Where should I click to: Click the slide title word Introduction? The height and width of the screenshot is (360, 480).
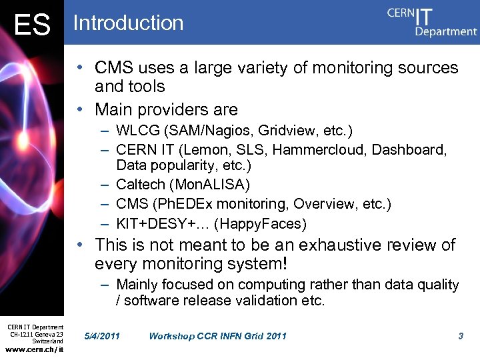pyautogui.click(x=128, y=23)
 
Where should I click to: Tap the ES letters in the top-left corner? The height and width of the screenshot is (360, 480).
pyautogui.click(x=32, y=26)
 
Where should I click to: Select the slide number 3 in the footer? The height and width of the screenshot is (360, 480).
pyautogui.click(x=461, y=336)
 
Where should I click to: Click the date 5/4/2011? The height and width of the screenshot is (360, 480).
pyautogui.click(x=103, y=336)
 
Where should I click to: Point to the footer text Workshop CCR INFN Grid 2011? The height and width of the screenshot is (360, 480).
pyautogui.click(x=217, y=336)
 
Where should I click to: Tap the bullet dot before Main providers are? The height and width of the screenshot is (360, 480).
pyautogui.click(x=79, y=109)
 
